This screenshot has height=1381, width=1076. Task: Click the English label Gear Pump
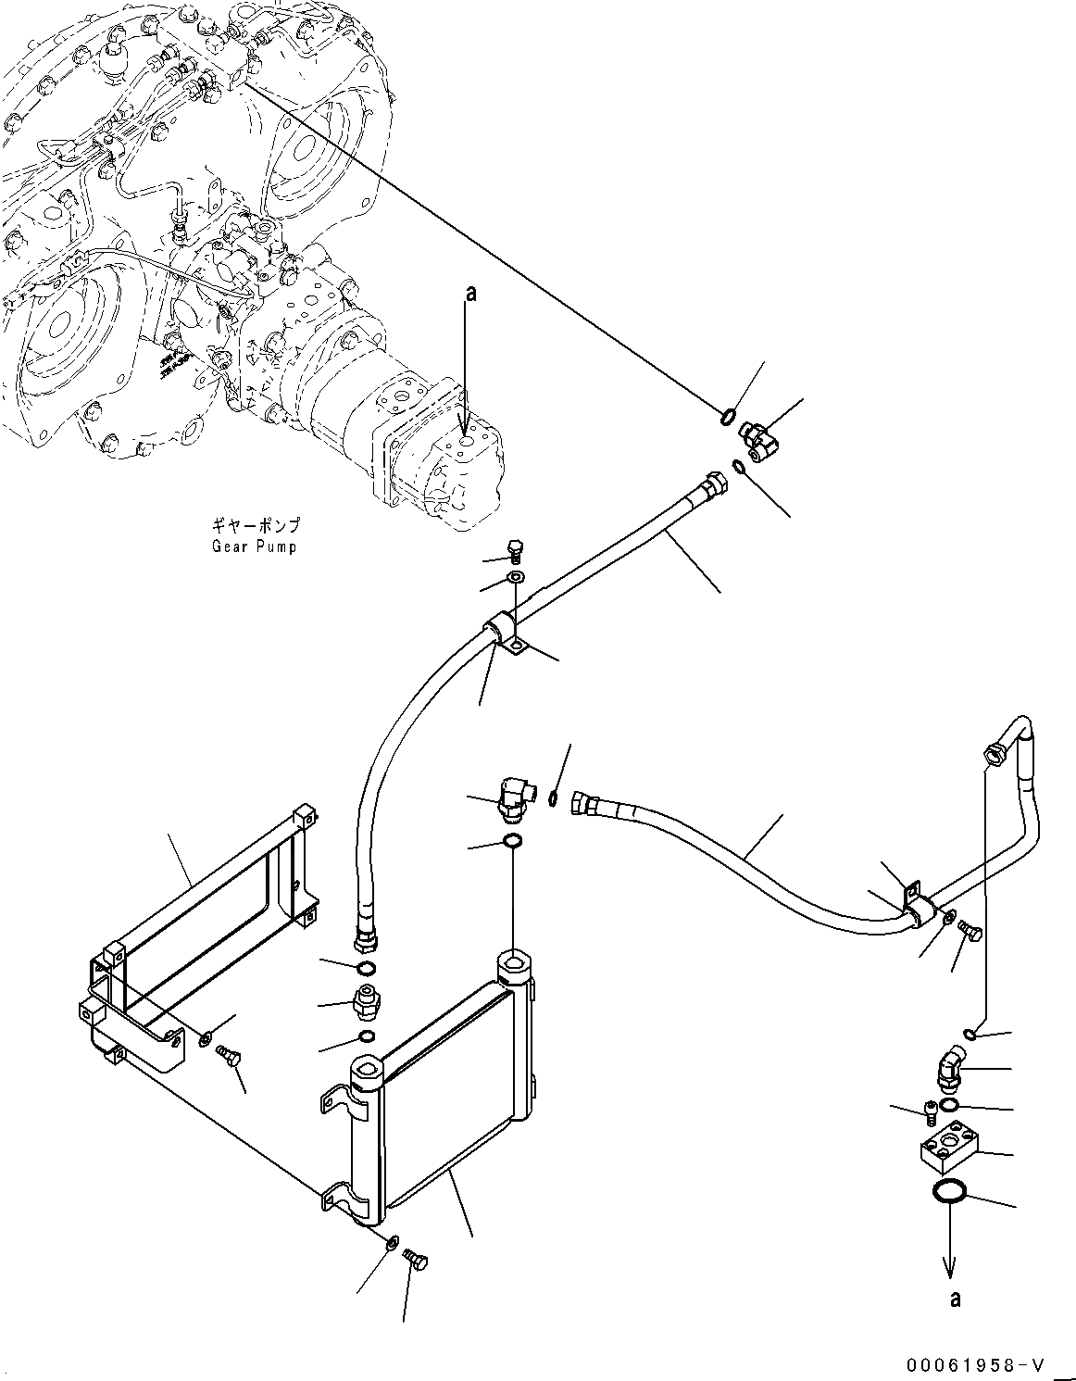click(253, 546)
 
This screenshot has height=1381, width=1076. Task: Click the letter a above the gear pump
click(470, 295)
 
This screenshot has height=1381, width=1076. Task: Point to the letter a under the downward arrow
click(955, 1299)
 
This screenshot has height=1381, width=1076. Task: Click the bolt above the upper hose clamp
click(516, 552)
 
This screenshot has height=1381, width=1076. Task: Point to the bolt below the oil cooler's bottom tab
click(416, 1262)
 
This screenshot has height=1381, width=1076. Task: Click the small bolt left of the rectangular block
click(930, 1109)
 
